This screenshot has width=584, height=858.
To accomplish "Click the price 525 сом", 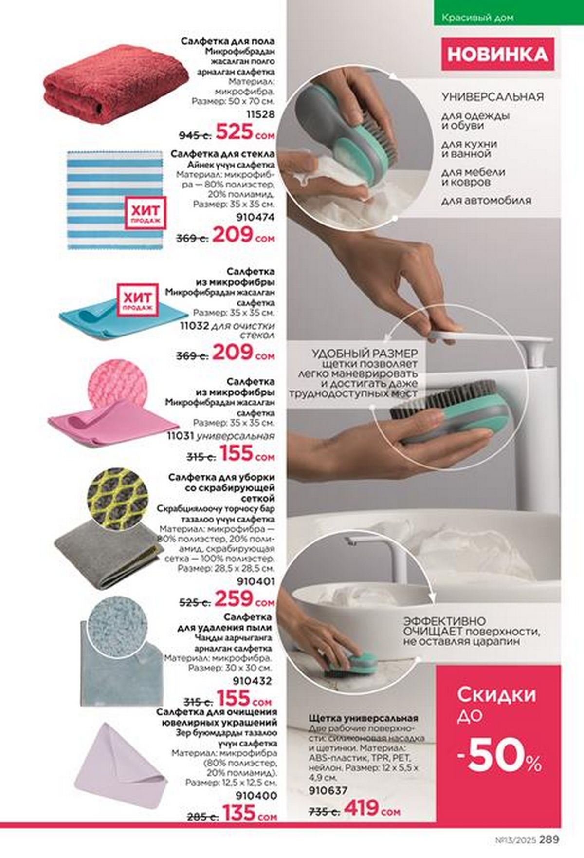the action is [x=245, y=132].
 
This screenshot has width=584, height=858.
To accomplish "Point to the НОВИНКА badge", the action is [x=497, y=54].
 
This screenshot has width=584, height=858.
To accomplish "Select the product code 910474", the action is [x=255, y=217].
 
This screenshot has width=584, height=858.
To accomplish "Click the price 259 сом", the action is [x=245, y=599].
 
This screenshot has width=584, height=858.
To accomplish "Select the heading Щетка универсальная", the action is [x=364, y=718].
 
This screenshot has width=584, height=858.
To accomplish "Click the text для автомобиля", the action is [x=486, y=200].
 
